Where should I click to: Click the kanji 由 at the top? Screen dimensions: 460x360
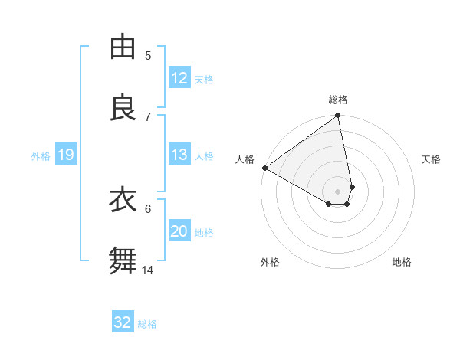point(123,47)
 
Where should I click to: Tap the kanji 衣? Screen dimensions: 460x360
point(123,200)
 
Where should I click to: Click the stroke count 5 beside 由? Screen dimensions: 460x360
point(148,55)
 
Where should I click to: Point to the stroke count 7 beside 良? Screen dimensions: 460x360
point(148,116)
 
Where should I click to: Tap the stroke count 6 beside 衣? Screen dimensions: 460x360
point(148,208)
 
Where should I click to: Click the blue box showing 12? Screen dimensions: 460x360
point(179,78)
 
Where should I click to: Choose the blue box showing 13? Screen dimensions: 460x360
point(179,155)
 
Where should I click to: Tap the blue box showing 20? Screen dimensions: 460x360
point(179,231)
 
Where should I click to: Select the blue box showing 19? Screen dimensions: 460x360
point(65,155)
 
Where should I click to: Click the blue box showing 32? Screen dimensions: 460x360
point(123,322)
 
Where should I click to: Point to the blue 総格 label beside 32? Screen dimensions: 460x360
point(147,323)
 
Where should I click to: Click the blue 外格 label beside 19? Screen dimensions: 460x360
point(41,155)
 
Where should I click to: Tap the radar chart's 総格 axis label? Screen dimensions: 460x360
point(338,100)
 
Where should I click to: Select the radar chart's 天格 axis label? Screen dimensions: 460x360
point(432,159)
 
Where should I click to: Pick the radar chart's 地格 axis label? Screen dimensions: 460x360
point(402,262)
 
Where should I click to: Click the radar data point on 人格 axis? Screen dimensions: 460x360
point(264,168)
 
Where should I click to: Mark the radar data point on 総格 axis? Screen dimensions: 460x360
point(338,116)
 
